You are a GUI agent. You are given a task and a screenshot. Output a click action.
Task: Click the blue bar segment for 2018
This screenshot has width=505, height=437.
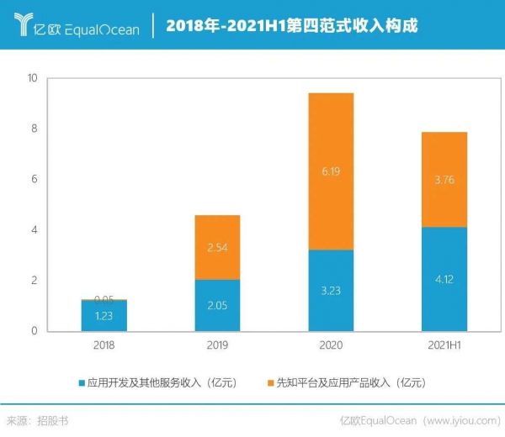tap(104, 316)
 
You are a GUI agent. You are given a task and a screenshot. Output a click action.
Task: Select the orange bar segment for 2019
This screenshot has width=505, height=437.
tap(217, 247)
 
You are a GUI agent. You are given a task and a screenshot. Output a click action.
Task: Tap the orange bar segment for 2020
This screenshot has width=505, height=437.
tap(330, 171)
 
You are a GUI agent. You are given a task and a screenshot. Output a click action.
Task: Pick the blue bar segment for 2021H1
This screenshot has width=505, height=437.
tap(444, 279)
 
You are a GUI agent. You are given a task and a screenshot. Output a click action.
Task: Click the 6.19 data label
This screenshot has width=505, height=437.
tap(330, 171)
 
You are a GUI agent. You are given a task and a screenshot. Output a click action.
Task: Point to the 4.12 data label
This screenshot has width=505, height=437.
tap(444, 279)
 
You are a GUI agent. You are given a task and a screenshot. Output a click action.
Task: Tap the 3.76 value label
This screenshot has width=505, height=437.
tap(444, 179)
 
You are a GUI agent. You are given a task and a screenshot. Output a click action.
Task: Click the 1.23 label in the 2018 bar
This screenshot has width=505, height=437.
tap(104, 316)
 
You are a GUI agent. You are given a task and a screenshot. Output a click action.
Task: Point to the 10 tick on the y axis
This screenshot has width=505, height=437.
tap(34, 78)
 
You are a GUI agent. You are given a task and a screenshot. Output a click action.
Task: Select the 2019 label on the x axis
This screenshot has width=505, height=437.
tap(217, 345)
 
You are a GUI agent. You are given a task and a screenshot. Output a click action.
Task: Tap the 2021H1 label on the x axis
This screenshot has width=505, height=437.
tap(444, 345)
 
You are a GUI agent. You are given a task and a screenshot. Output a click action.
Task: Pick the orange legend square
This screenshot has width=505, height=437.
tap(269, 383)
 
